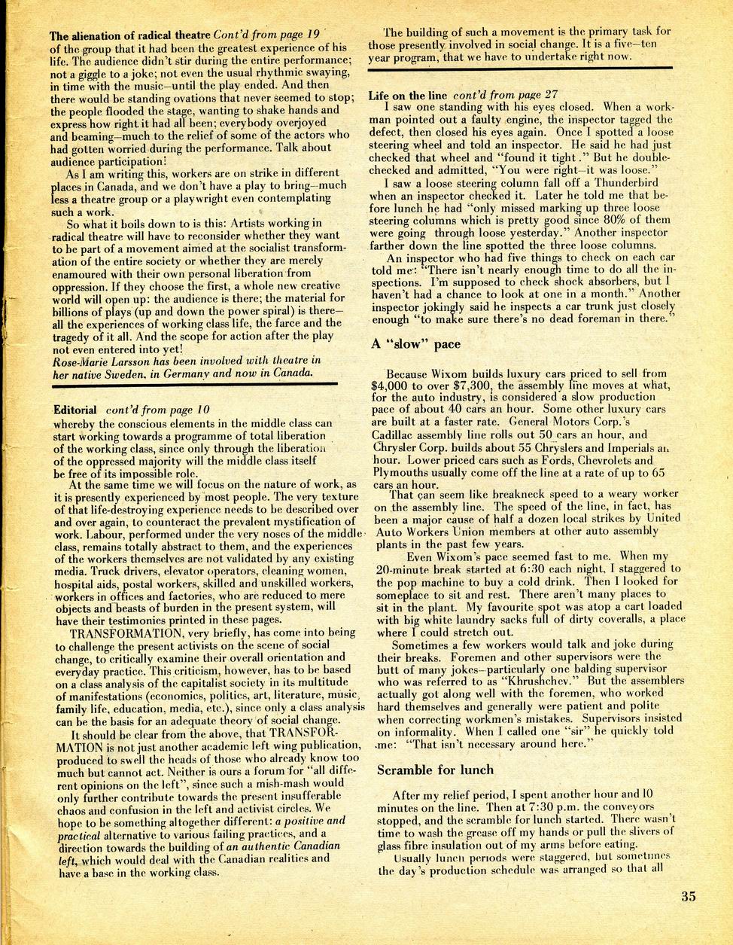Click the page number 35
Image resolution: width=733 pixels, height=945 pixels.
pyautogui.click(x=688, y=896)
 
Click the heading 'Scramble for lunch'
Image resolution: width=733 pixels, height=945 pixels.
pyautogui.click(x=435, y=769)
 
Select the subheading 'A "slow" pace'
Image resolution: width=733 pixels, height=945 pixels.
pyautogui.click(x=415, y=344)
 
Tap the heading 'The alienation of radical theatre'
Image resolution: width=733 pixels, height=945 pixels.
pyautogui.click(x=130, y=35)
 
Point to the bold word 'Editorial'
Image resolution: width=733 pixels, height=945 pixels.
pyautogui.click(x=75, y=410)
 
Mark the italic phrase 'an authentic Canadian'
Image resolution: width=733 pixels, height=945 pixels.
pyautogui.click(x=282, y=846)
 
